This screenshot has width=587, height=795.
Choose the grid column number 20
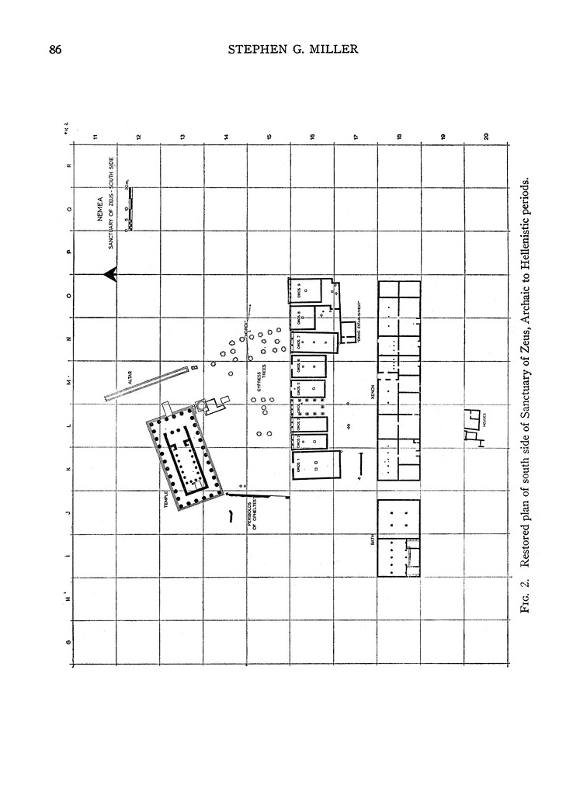click(x=486, y=137)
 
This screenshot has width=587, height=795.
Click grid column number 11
click(x=95, y=137)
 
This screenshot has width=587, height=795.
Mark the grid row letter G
click(x=68, y=641)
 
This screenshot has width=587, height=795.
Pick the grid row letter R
click(x=68, y=165)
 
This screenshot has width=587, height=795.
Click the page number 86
click(x=55, y=50)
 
